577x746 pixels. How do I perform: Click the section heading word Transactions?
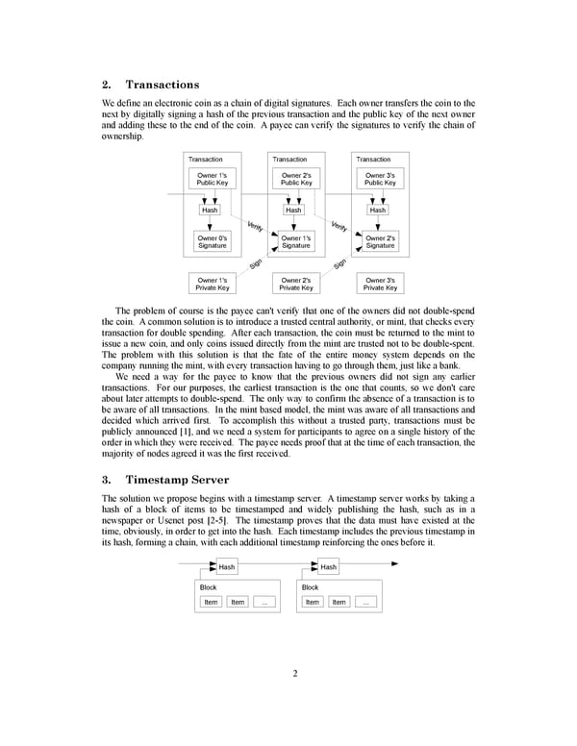[162, 85]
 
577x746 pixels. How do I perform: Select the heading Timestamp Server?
[177, 479]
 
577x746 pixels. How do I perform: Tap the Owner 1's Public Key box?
[212, 179]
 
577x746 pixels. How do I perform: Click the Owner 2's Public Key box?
[296, 179]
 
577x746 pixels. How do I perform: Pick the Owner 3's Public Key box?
[380, 179]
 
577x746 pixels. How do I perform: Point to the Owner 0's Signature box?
[212, 241]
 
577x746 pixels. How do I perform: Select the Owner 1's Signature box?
[296, 241]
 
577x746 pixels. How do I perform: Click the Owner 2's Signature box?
[380, 241]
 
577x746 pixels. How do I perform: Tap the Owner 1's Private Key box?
[212, 284]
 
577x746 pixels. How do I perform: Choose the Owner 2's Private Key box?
[296, 284]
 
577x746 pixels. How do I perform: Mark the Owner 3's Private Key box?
[380, 284]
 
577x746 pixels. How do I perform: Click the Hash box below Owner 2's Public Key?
[293, 210]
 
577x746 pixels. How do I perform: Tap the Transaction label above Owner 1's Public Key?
[205, 159]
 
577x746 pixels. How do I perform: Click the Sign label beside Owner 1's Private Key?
[256, 263]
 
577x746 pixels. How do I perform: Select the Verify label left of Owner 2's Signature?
[339, 227]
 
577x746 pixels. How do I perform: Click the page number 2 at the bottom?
[295, 673]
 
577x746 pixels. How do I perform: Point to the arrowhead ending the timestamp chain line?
[393, 563]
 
